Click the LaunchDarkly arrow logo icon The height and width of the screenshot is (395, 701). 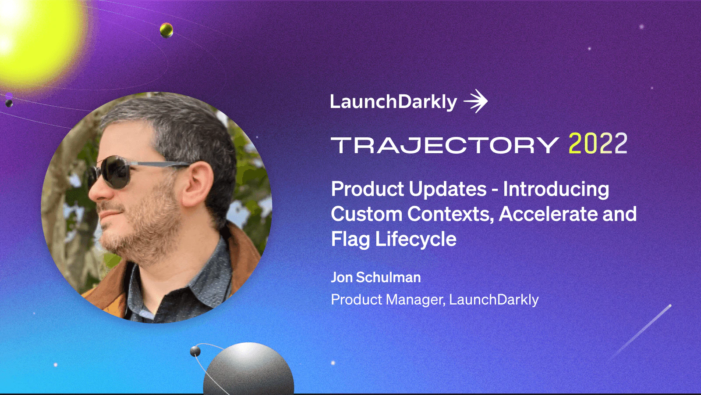pyautogui.click(x=476, y=102)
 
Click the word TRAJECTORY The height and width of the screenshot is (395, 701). pyautogui.click(x=445, y=145)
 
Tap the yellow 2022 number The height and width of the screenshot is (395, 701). pyautogui.click(x=598, y=144)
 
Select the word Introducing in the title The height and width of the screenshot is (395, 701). pyautogui.click(x=556, y=189)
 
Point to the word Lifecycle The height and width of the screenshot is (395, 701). pyautogui.click(x=415, y=239)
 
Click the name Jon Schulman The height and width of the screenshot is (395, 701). pyautogui.click(x=375, y=277)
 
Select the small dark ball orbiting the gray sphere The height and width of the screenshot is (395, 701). pyautogui.click(x=195, y=351)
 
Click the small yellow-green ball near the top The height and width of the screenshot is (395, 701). pyautogui.click(x=166, y=30)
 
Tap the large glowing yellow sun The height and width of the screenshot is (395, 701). pyautogui.click(x=35, y=39)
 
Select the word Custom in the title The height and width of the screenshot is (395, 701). pyautogui.click(x=366, y=214)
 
